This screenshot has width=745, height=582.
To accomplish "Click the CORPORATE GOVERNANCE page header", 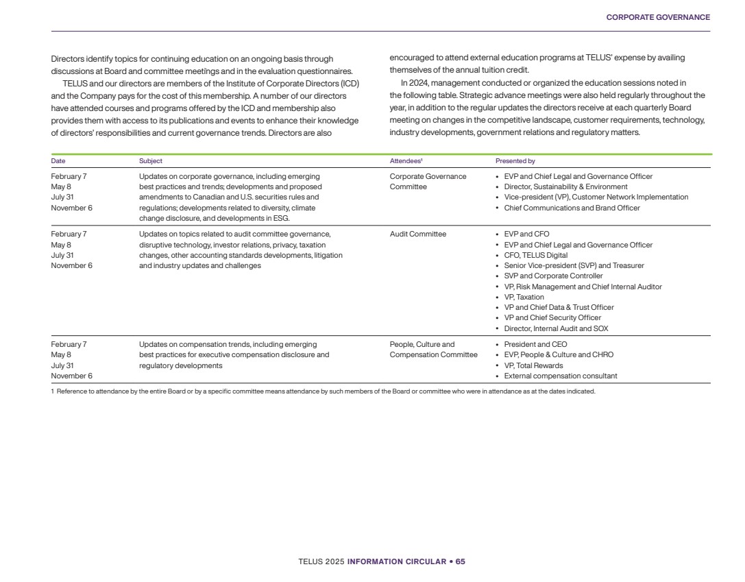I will coord(658,17).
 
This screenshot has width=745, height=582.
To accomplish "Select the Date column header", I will coord(58,161).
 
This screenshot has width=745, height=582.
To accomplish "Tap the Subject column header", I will coord(151,161).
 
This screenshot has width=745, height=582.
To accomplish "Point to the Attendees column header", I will coord(406,161).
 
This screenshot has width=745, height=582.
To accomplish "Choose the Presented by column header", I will coord(515,161).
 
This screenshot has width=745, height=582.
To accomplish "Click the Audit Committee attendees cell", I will coord(417,234).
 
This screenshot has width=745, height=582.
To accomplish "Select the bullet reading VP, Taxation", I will coord(524,297).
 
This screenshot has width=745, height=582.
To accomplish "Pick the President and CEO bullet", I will coord(535,345).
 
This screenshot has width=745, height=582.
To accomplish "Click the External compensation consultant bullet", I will coord(560,376).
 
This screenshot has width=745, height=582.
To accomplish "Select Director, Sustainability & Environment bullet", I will coord(565,187).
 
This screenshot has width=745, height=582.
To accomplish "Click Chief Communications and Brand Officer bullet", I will coord(572,208).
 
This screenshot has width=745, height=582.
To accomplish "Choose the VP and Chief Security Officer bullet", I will coord(552,318).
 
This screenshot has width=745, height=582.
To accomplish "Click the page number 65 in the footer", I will coord(461,561).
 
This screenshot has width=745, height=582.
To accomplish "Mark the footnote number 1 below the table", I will coord(53,391).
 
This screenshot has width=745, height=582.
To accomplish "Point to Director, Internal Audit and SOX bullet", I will coord(556,328).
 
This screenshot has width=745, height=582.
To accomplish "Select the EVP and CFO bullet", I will coord(526,234).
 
